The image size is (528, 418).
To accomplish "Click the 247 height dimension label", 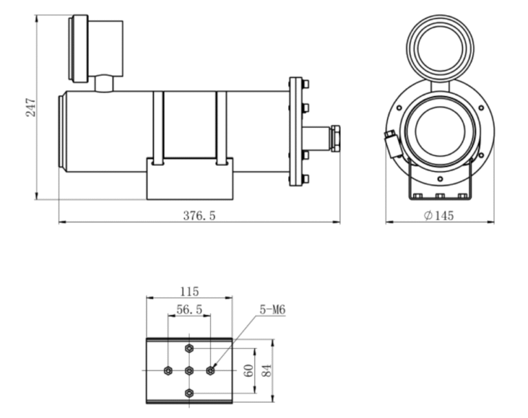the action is click(31, 107).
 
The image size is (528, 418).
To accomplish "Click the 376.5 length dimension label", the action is click(199, 215).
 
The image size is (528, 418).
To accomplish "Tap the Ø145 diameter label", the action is click(439, 215).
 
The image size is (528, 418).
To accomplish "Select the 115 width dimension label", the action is click(190, 291).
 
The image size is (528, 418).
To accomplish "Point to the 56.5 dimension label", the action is click(189, 309).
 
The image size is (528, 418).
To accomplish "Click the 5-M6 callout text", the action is click(272, 309).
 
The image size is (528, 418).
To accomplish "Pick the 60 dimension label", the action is click(249, 371).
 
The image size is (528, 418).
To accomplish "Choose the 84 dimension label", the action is click(267, 371).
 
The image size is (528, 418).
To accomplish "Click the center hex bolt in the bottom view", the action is click(189, 371).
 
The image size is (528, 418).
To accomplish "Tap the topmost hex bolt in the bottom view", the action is click(189, 349).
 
